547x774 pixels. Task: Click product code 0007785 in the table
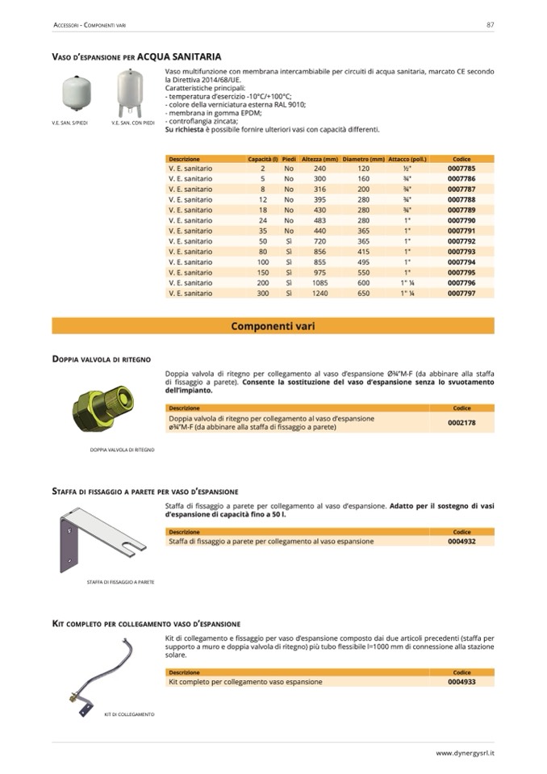(x=461, y=168)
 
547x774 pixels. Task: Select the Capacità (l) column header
(x=263, y=159)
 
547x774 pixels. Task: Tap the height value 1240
(x=319, y=294)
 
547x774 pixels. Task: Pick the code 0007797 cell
(x=461, y=294)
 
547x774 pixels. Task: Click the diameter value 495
(x=363, y=262)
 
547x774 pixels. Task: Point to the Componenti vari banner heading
(x=273, y=327)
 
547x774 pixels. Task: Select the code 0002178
(x=461, y=423)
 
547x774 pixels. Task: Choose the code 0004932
(x=461, y=541)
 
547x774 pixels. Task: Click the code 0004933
(x=461, y=681)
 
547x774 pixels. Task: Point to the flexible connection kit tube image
(x=102, y=674)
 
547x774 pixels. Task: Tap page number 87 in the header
(x=490, y=25)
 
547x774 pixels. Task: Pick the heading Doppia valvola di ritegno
(x=101, y=358)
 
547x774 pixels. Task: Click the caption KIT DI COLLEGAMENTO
(x=129, y=714)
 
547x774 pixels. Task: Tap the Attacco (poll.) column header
(x=407, y=159)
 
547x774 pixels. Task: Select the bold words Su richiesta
(x=185, y=129)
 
